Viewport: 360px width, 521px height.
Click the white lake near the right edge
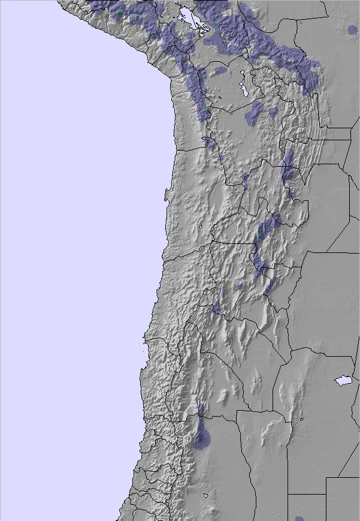(x=343, y=380)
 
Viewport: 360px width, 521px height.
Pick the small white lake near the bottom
(x=206, y=495)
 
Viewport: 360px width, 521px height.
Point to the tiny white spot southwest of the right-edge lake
(x=302, y=418)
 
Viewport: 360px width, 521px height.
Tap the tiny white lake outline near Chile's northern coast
(x=199, y=227)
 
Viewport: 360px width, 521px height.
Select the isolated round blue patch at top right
(x=352, y=29)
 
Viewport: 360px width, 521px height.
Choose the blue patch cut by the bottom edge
(x=300, y=518)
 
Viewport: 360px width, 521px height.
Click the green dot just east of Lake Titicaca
(x=216, y=23)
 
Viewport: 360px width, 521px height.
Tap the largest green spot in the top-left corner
(x=120, y=13)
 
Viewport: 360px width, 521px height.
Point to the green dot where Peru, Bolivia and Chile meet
(x=208, y=110)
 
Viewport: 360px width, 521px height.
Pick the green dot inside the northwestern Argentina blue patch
(x=259, y=233)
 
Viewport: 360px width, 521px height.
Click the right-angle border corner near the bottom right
(x=326, y=478)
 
